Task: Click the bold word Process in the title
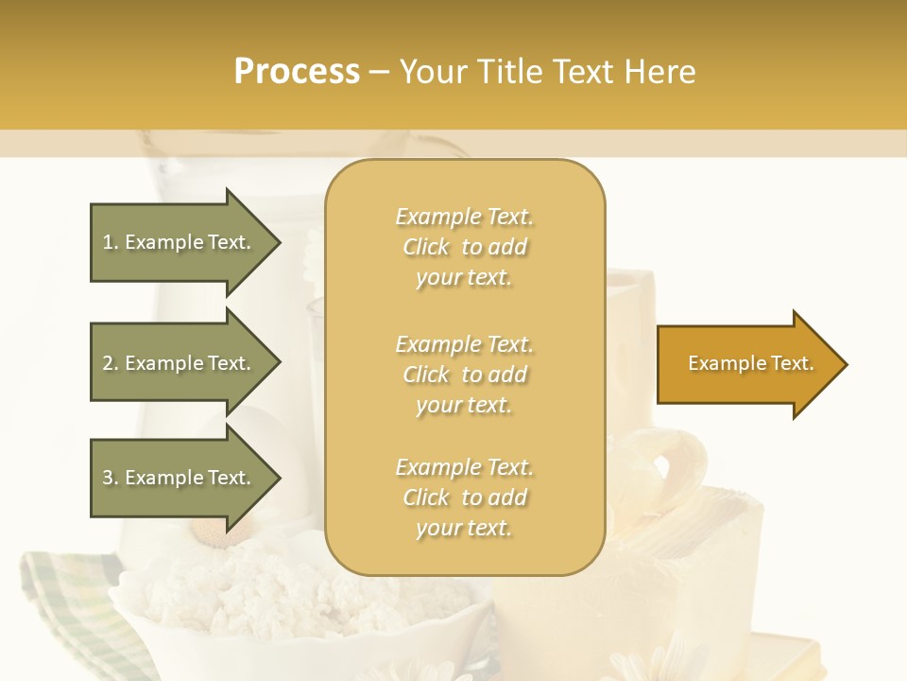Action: point(297,72)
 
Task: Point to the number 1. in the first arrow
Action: point(111,242)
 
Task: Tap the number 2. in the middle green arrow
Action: point(111,363)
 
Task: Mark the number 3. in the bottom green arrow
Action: point(111,478)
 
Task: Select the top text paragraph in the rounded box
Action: point(464,247)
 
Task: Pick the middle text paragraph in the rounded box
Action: point(464,374)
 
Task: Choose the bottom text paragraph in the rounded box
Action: point(464,498)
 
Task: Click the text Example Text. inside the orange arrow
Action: point(751,363)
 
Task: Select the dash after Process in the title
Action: point(380,72)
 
